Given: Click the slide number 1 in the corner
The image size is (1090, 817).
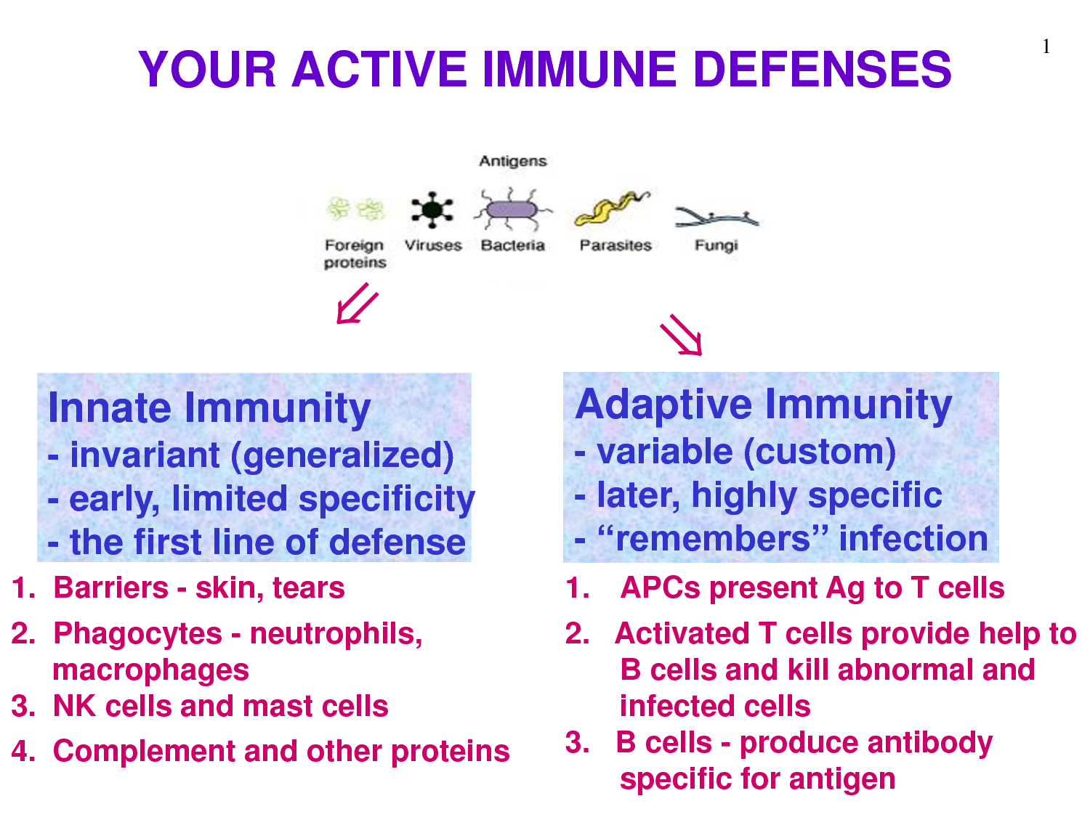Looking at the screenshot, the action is [x=1046, y=46].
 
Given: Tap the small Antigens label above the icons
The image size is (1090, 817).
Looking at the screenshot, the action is [x=512, y=161].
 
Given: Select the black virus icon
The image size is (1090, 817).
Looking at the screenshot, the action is [x=432, y=209].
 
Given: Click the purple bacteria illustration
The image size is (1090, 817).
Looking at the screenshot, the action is [x=512, y=209].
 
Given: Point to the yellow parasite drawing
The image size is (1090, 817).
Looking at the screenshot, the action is [x=611, y=208].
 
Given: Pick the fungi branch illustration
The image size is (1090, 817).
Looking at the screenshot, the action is [x=716, y=218].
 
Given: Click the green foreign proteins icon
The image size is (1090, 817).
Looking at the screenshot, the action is [x=355, y=208].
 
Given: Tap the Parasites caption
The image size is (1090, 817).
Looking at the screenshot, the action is [x=615, y=245].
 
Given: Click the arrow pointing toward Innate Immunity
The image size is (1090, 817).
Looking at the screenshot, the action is [x=358, y=304].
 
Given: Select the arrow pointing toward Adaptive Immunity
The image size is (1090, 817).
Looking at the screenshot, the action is [x=682, y=335].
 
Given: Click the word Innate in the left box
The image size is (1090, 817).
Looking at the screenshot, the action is [x=110, y=407].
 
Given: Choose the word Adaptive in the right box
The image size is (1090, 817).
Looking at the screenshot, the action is [x=663, y=405].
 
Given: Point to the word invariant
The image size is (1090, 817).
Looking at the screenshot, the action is [x=145, y=455].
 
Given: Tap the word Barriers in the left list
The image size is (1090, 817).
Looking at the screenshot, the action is [x=110, y=588].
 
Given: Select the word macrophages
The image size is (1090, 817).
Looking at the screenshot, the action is [x=151, y=670].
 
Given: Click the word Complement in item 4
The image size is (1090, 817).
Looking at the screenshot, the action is [x=143, y=752].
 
